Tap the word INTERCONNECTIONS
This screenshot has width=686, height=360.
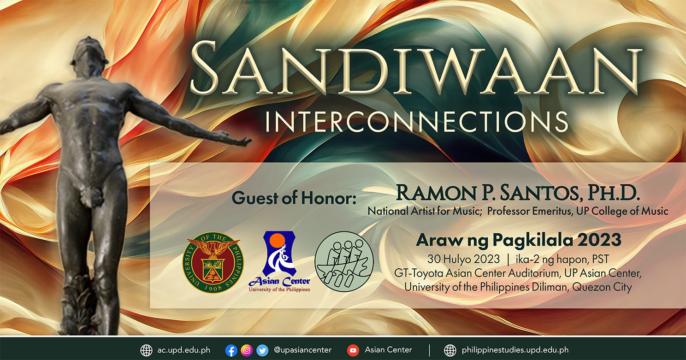click(x=416, y=122)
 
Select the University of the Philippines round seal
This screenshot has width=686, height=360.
click(x=213, y=262)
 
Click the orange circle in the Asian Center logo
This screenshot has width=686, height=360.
click(x=278, y=240)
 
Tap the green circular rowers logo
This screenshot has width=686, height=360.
click(x=344, y=261)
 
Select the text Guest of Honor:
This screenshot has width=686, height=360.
click(x=294, y=198)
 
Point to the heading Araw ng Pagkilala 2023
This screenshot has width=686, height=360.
click(x=519, y=240)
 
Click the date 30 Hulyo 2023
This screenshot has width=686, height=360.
click(x=464, y=260)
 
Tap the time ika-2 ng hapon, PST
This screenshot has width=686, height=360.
click(x=562, y=260)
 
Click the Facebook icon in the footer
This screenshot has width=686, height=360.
click(x=231, y=350)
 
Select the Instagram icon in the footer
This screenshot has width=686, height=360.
click(x=247, y=350)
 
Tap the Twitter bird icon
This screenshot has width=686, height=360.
click(x=262, y=350)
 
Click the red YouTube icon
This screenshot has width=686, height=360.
click(x=353, y=350)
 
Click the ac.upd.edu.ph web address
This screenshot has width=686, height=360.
click(x=184, y=350)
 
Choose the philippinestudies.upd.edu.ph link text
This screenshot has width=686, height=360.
click(x=515, y=350)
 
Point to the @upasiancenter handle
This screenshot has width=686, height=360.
click(x=302, y=350)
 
